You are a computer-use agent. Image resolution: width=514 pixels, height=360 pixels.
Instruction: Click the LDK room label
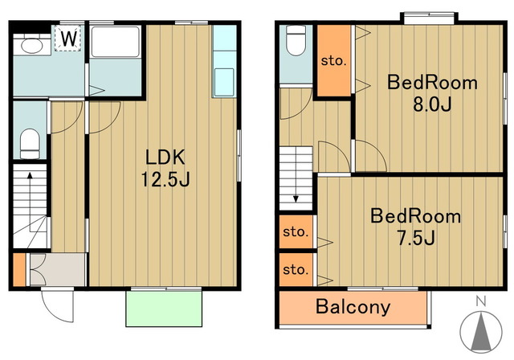pos(165,157)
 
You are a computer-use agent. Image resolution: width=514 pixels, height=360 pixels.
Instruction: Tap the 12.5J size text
pos(165,179)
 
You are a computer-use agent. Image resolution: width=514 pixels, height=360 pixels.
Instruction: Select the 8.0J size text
pos(432,104)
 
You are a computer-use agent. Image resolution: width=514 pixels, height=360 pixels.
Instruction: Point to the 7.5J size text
pos(416,238)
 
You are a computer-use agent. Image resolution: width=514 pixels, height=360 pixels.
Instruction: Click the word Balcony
pos(353,307)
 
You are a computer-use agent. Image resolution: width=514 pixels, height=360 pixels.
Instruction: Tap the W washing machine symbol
pos(69,38)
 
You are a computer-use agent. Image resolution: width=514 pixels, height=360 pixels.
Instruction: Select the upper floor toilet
pos(296,40)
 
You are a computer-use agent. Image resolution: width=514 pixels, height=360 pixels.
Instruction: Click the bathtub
pos(116,42)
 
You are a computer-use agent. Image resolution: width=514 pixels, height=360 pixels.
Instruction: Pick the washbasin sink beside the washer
pos(32,45)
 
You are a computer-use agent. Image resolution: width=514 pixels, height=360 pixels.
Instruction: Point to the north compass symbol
pos(481,332)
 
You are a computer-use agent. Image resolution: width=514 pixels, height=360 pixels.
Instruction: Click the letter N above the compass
pos(481,301)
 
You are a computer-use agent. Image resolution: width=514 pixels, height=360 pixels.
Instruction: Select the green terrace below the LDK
pos(164,309)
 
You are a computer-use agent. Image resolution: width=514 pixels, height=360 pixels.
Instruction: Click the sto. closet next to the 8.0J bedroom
pos(334,60)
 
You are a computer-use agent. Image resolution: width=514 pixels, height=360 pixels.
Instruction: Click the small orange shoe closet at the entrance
pos(19,269)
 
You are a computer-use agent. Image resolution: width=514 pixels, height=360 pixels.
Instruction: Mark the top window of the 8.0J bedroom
pos(429,18)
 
